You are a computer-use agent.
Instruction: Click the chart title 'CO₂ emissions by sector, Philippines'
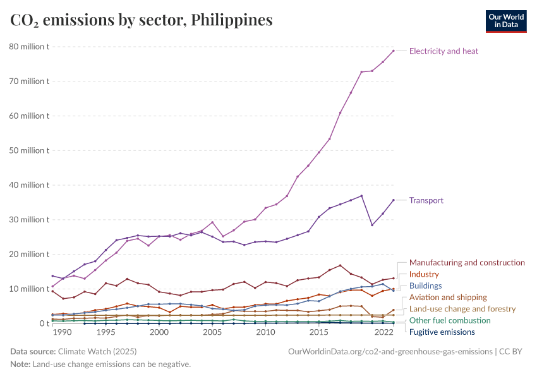[142, 20]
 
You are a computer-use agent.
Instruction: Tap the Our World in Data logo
[505, 21]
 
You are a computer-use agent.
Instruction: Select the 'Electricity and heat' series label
[443, 51]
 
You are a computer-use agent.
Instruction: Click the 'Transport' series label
[426, 200]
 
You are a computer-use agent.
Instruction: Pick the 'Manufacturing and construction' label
[467, 262]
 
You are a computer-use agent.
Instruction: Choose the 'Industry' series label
[424, 274]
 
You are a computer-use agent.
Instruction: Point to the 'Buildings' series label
[425, 286]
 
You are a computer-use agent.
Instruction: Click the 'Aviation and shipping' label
[448, 297]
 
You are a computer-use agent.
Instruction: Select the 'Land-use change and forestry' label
[462, 309]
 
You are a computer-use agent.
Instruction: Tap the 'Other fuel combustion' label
[450, 320]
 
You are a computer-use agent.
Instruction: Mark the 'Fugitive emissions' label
[442, 332]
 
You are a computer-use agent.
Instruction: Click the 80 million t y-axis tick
[28, 47]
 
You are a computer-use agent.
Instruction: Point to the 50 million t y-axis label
[28, 150]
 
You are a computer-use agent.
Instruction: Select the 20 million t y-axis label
[28, 254]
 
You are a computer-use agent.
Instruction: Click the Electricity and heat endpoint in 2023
[394, 51]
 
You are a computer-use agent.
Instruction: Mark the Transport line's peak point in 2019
[361, 196]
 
